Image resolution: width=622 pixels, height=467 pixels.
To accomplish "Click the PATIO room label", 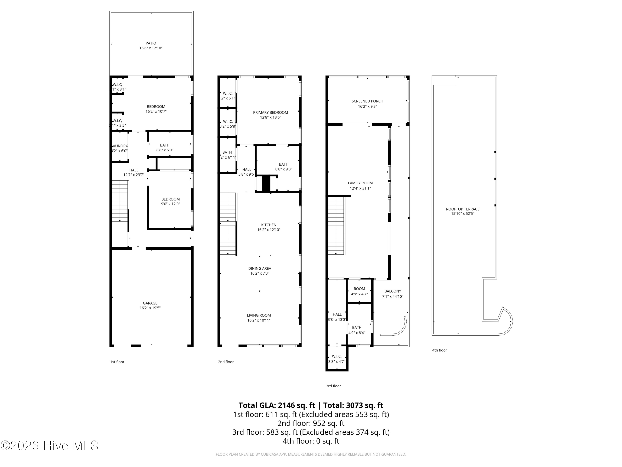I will point(151,43).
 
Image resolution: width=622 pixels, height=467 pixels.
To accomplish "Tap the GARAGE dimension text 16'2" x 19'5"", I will point(150,308).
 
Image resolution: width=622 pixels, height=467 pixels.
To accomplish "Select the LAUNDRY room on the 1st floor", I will point(120,148).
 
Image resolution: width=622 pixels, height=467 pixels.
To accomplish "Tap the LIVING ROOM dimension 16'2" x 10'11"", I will point(259,320).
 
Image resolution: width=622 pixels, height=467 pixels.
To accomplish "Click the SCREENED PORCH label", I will point(367,101).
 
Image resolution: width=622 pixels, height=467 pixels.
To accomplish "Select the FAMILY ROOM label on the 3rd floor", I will point(360,183).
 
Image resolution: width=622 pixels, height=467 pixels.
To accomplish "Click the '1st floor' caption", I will point(117,362).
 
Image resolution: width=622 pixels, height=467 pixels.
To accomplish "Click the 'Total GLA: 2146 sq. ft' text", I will point(277,405).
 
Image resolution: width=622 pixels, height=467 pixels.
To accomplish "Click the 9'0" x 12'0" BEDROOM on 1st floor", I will point(170,201).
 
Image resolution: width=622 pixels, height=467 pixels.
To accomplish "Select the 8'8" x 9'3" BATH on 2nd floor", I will point(283,167).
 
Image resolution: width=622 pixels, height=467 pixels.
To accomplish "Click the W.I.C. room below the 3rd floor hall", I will point(337,359).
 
